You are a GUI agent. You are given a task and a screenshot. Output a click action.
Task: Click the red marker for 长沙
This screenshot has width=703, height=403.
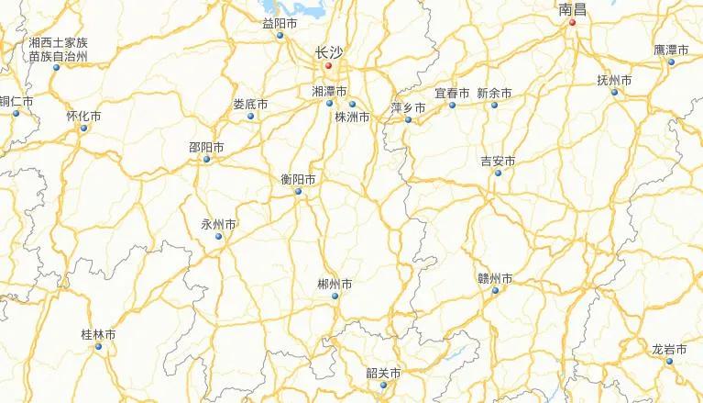[328, 66]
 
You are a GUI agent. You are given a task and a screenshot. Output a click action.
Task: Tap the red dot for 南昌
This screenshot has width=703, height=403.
[572, 23]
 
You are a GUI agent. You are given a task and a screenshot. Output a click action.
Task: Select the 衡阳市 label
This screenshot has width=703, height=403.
[299, 179]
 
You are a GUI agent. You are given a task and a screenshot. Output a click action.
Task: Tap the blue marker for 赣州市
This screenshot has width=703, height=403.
[495, 292]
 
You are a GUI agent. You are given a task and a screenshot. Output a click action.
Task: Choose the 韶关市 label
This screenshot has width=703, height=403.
[383, 374]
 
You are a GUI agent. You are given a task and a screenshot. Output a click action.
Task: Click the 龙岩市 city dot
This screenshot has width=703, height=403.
[669, 362]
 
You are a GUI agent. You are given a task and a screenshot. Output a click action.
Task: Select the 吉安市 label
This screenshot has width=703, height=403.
[498, 162]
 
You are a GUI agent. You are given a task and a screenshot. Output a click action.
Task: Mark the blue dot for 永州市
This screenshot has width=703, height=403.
[218, 237]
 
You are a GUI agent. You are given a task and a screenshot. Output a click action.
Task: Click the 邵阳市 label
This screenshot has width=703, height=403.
[206, 147]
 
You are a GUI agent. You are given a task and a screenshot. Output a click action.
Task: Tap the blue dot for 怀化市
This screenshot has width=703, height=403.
[83, 128]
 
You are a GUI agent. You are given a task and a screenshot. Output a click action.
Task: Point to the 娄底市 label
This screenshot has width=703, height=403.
[250, 104]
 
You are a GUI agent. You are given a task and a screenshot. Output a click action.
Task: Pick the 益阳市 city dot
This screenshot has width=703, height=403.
[280, 36]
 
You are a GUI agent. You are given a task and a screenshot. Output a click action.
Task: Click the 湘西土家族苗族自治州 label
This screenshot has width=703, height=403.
[58, 50]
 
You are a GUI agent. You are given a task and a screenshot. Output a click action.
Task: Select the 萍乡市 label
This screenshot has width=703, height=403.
[408, 107]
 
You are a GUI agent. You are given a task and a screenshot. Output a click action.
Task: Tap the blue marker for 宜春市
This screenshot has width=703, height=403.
[452, 106]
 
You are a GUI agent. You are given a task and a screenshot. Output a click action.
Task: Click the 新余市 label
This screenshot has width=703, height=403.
[494, 94]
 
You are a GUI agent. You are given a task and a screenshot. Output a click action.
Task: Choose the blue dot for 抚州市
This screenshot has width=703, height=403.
[614, 92]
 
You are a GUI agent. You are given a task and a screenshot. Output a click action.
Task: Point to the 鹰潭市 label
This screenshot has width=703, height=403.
[671, 50]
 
